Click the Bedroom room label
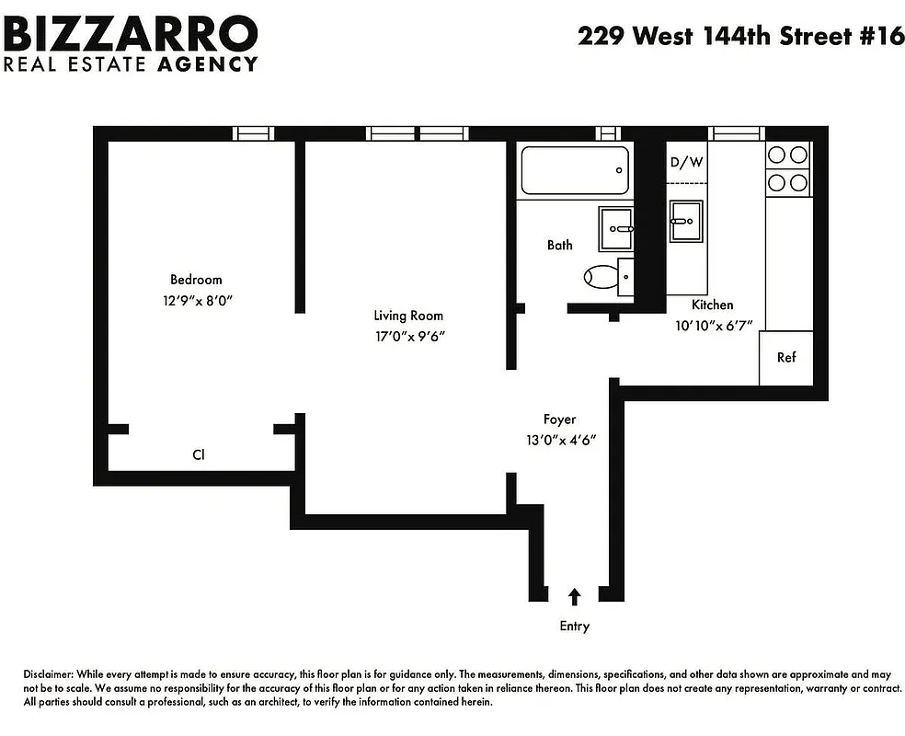(x=195, y=280)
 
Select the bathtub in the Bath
(x=575, y=170)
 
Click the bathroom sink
(x=616, y=228)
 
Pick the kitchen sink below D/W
(x=685, y=221)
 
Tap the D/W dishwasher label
(x=685, y=163)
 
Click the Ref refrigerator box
(x=785, y=358)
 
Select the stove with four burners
(x=788, y=168)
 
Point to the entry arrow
(x=575, y=597)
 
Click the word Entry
(x=574, y=627)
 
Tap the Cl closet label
(x=198, y=454)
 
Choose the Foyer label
(x=558, y=420)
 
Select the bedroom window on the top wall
(x=253, y=133)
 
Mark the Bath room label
(x=559, y=245)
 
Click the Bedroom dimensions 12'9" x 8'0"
(x=195, y=300)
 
